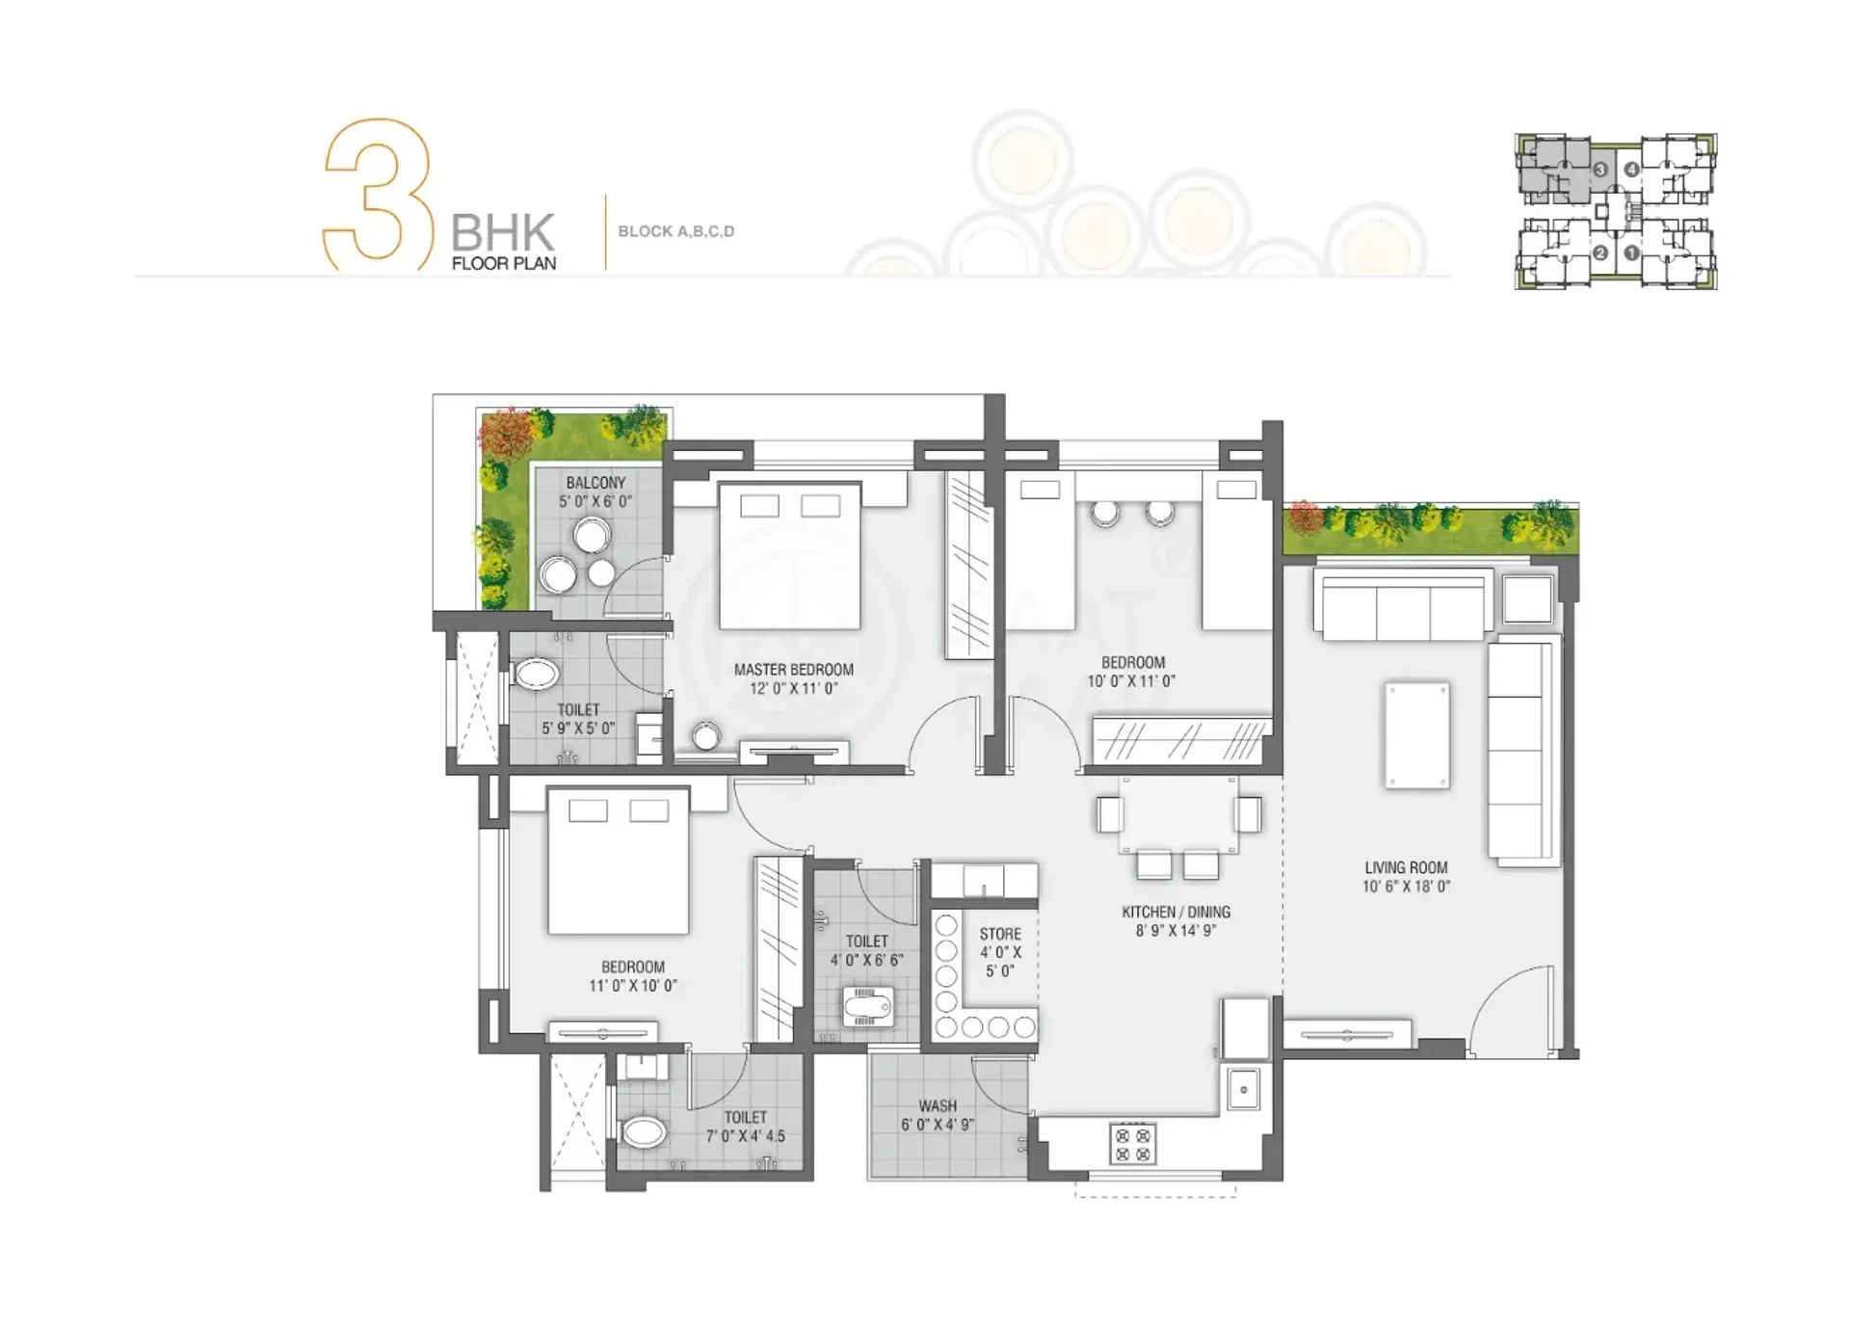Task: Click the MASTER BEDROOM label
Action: click(793, 670)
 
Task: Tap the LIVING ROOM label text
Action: click(1406, 867)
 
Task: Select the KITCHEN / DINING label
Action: click(1176, 912)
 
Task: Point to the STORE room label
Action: click(1000, 934)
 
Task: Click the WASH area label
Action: click(938, 1106)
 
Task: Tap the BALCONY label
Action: click(595, 483)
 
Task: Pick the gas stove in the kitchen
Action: click(1132, 1144)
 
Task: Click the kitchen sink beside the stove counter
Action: click(1244, 1090)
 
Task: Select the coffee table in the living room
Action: click(1416, 735)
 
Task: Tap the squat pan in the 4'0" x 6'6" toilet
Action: click(867, 1006)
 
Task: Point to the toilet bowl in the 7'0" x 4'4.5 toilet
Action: click(642, 1131)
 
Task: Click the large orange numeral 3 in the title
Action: click(377, 194)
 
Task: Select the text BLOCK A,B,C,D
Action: click(676, 231)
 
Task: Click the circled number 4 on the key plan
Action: click(1631, 170)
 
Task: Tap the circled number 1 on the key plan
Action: click(1631, 253)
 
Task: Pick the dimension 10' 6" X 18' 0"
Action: click(1406, 887)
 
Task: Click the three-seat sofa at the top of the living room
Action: click(1403, 605)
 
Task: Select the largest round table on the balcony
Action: click(592, 536)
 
